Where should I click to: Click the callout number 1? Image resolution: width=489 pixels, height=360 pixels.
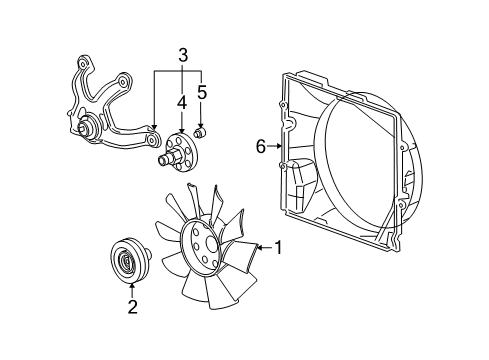click(x=279, y=247)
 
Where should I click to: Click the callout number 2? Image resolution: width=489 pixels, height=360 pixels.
click(x=132, y=307)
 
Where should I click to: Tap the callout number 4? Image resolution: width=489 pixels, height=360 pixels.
click(x=181, y=101)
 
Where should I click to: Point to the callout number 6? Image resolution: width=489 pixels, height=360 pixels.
click(x=261, y=146)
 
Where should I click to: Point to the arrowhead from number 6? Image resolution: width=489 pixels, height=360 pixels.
click(x=280, y=146)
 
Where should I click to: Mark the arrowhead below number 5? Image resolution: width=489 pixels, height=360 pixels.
click(x=201, y=124)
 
